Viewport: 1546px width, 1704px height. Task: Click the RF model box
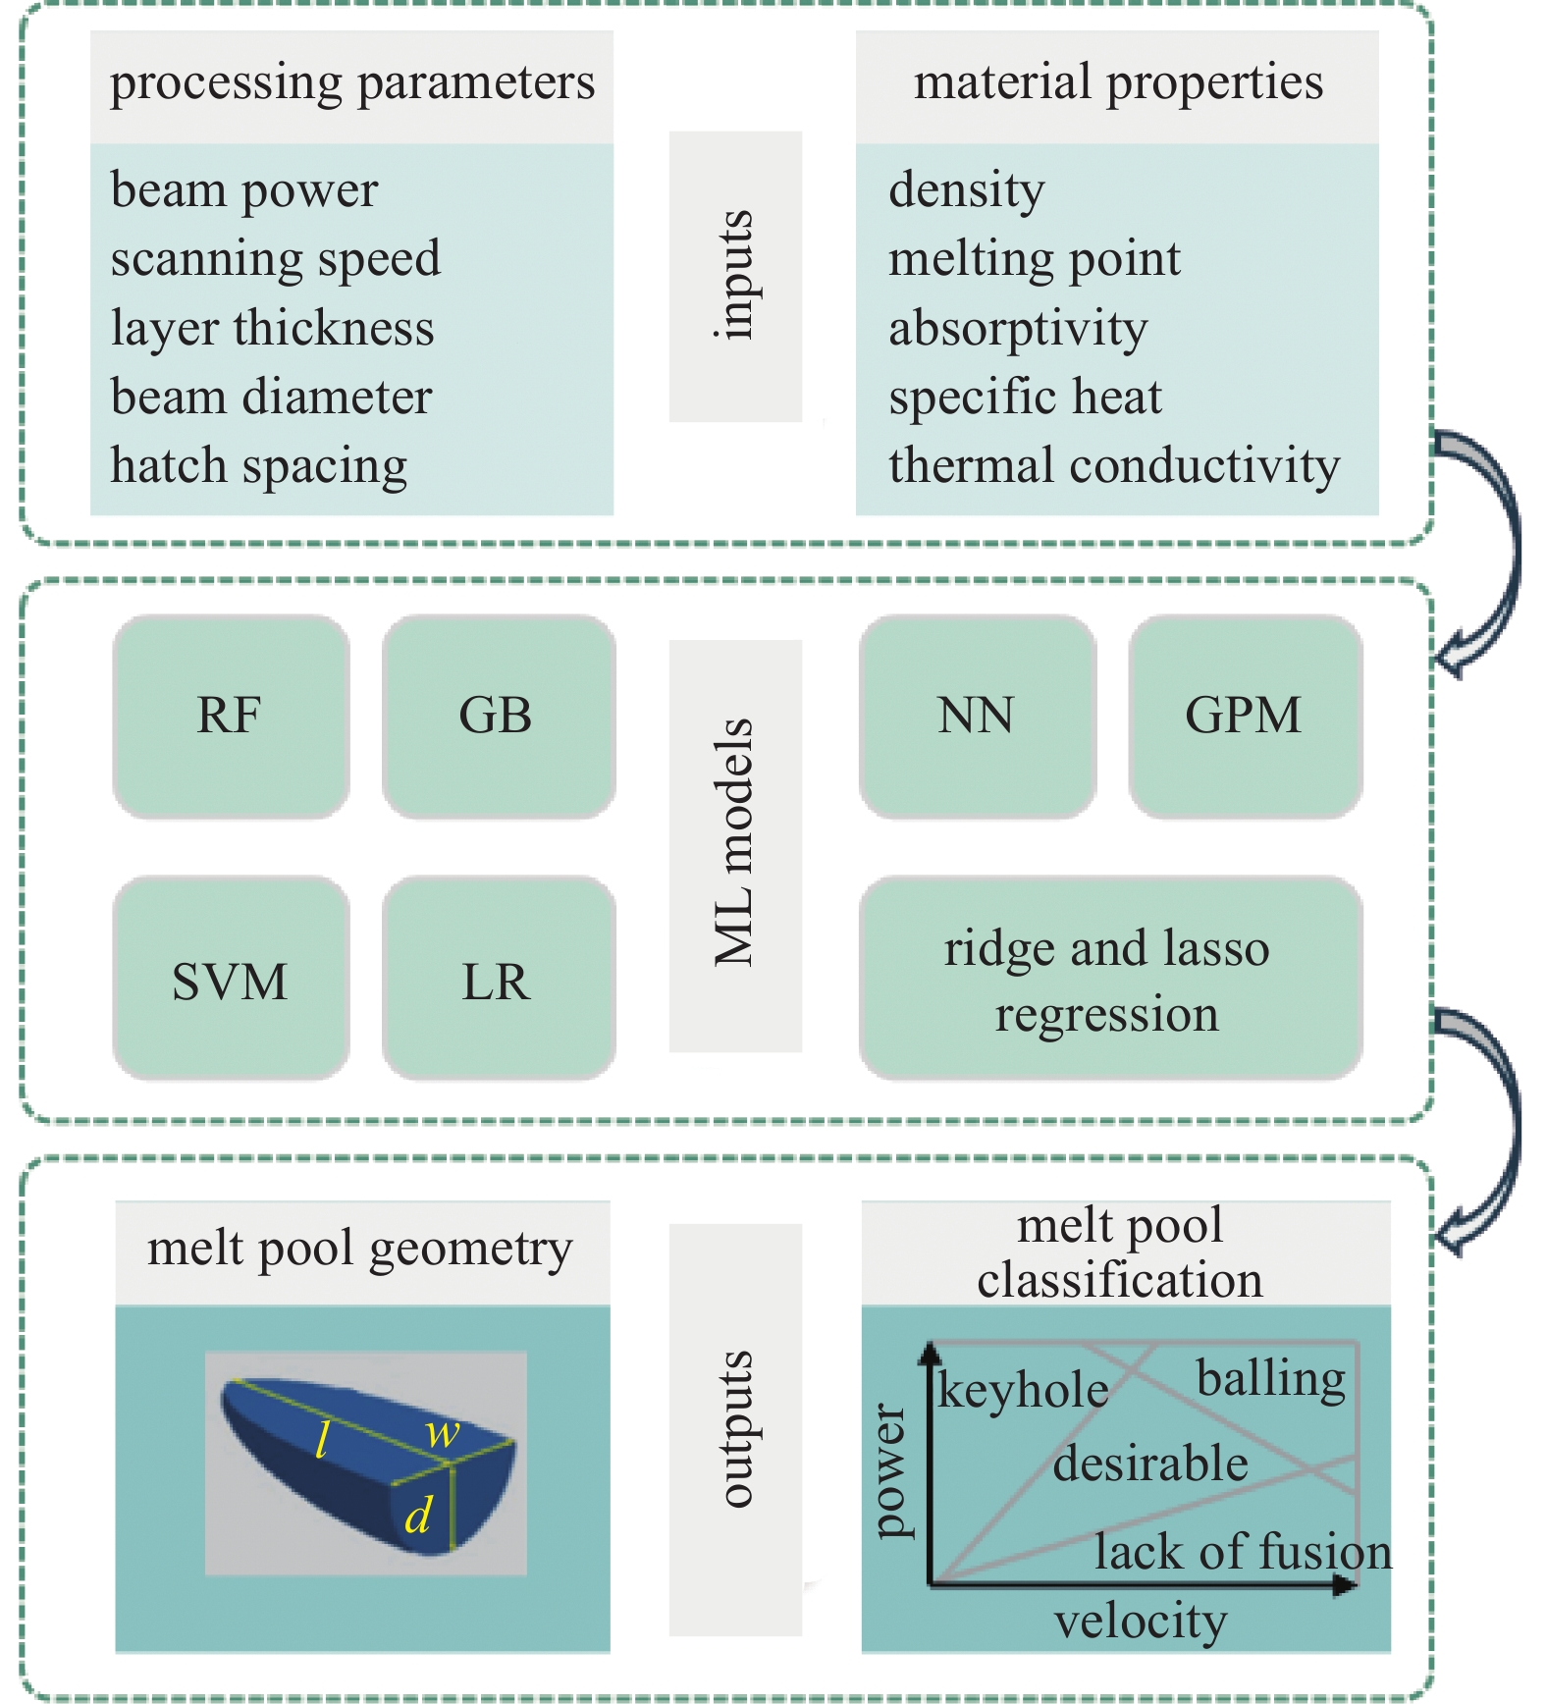231,717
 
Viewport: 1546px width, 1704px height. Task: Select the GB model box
498,717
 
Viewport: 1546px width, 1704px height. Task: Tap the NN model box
977,717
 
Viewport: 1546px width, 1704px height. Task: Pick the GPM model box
1245,717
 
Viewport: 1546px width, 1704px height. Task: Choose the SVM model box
231,980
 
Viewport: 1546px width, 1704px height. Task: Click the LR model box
498,980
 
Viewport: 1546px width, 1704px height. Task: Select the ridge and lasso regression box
1109,980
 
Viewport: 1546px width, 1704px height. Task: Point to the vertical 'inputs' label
735,276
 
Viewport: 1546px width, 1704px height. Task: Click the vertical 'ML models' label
735,844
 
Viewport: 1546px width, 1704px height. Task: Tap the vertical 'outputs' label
735,1428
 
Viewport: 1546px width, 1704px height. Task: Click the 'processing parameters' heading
351,82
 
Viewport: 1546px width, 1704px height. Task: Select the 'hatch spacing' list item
259,466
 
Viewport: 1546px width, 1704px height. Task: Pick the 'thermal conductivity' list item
1114,466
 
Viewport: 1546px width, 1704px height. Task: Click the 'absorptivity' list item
1018,329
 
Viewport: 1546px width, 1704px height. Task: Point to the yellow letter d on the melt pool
418,1516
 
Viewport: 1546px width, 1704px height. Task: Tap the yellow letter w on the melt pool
443,1433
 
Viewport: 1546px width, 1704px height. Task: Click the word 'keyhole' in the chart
1023,1390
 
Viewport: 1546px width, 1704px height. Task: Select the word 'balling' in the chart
1271,1379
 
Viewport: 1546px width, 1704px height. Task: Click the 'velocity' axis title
1141,1622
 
